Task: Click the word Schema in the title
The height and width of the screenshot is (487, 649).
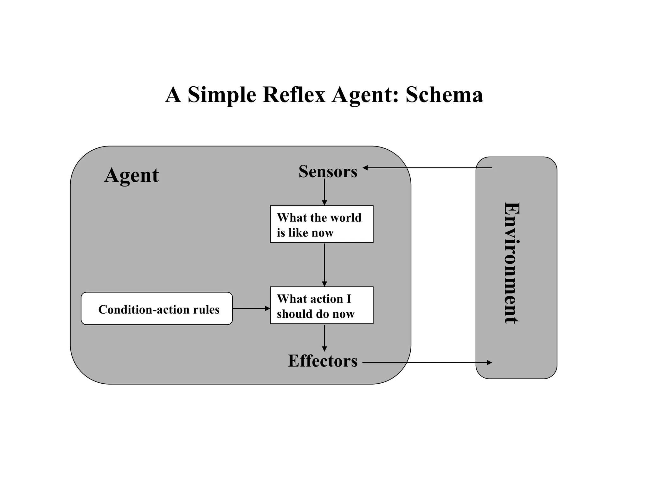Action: (x=444, y=94)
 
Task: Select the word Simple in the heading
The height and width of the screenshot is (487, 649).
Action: (x=222, y=95)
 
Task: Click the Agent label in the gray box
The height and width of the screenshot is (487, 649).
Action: (x=132, y=175)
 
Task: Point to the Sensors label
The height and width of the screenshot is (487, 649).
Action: (x=328, y=172)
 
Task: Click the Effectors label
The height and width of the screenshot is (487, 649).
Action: (x=323, y=361)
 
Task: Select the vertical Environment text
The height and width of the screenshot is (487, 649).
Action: (x=511, y=263)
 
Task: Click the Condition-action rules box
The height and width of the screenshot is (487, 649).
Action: (x=157, y=309)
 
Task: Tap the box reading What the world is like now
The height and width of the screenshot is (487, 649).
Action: (x=321, y=224)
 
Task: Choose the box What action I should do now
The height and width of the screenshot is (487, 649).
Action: (x=321, y=305)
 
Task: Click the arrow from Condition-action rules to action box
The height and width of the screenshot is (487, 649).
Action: (x=251, y=308)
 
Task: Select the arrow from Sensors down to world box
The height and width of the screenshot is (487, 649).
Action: (x=324, y=192)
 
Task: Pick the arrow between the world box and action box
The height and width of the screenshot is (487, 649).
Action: (x=324, y=264)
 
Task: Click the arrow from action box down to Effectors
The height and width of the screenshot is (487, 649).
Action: (x=324, y=338)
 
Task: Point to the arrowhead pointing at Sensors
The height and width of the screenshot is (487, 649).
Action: (x=365, y=168)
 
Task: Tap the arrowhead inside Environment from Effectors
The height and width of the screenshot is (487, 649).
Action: (x=489, y=362)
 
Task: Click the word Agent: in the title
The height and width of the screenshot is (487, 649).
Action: (x=365, y=95)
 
